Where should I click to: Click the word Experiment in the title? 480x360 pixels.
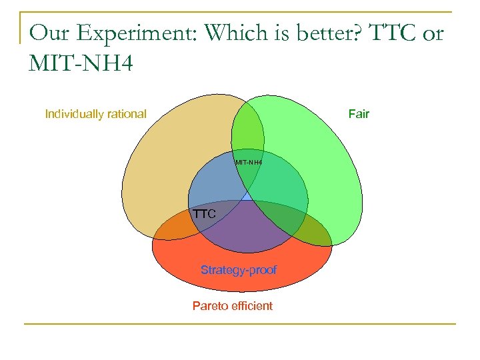[141, 33]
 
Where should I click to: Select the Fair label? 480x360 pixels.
[359, 114]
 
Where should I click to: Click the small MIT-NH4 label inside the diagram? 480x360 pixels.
[248, 163]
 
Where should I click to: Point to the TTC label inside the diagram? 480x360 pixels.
[204, 215]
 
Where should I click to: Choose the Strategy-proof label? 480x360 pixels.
[239, 270]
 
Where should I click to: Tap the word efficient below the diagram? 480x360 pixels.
[252, 306]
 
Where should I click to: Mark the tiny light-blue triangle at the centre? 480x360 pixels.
[247, 196]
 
